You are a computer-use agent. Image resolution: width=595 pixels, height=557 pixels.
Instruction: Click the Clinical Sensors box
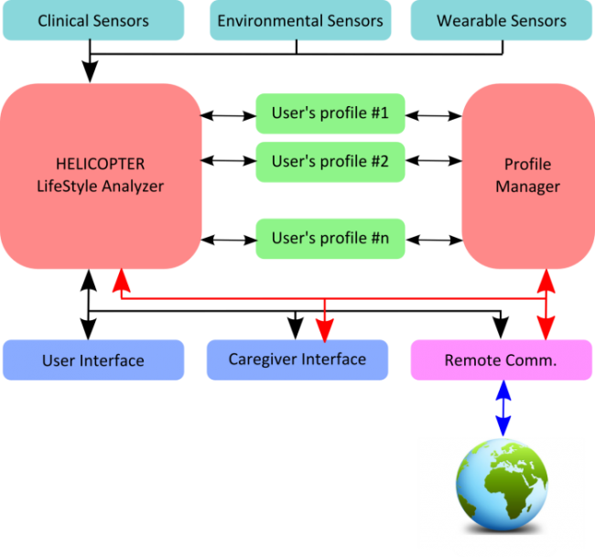click(93, 20)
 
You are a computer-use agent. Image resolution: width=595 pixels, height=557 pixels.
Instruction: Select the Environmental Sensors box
click(300, 20)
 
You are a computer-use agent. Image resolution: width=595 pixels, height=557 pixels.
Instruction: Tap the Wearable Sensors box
click(502, 20)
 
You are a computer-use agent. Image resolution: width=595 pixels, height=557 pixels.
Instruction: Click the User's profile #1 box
click(330, 113)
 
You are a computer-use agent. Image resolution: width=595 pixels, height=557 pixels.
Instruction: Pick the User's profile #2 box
click(330, 162)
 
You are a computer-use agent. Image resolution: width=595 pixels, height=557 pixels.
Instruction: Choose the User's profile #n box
click(330, 239)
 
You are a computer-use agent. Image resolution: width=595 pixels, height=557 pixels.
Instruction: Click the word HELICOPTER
click(100, 165)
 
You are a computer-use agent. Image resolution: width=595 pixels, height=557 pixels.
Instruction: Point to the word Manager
click(528, 187)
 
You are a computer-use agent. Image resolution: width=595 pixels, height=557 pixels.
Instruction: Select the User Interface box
click(93, 359)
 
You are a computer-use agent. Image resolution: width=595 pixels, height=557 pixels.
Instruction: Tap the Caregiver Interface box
click(297, 359)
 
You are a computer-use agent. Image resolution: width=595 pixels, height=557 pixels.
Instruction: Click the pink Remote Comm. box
click(502, 359)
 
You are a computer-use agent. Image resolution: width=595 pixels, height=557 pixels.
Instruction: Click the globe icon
click(502, 485)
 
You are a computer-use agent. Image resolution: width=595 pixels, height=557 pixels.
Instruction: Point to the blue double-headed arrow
click(503, 408)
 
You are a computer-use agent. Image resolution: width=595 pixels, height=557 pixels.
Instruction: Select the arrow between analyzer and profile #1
click(229, 115)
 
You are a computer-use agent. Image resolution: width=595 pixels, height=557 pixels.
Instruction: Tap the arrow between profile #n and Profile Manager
click(434, 240)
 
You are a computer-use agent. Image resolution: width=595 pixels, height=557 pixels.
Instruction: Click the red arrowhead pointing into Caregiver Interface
click(325, 330)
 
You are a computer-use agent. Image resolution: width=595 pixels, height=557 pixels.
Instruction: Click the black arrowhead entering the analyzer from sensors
click(90, 71)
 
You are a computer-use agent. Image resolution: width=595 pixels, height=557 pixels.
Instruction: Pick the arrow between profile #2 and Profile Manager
click(434, 161)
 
